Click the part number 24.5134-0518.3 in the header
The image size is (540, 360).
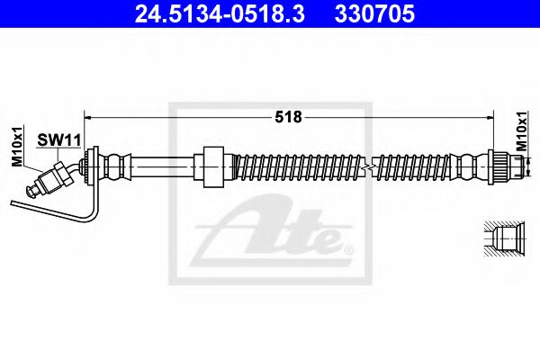pyautogui.click(x=220, y=14)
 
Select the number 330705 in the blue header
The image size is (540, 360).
pyautogui.click(x=374, y=14)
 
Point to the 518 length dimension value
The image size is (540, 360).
pyautogui.click(x=288, y=117)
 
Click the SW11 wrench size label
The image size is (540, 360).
pyautogui.click(x=58, y=140)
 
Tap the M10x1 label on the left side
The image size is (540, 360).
pyautogui.click(x=17, y=146)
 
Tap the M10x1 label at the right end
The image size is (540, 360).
pyautogui.click(x=521, y=131)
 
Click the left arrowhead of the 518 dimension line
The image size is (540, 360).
pyautogui.click(x=88, y=118)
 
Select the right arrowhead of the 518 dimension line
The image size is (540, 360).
pyautogui.click(x=490, y=118)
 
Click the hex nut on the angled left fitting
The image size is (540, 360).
pyautogui.click(x=64, y=175)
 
